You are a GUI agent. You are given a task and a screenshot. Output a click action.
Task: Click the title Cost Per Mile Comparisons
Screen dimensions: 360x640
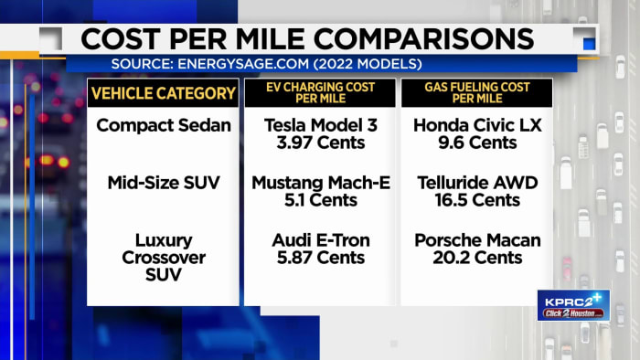point(307,39)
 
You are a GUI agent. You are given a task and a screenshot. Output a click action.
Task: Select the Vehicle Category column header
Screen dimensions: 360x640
point(163,92)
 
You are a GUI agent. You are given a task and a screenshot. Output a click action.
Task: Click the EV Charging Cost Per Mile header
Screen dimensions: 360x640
point(319,92)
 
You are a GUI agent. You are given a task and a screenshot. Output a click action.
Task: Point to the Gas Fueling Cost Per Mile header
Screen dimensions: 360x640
point(477,92)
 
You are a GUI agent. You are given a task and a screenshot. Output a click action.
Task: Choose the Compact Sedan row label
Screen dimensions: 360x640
point(163,125)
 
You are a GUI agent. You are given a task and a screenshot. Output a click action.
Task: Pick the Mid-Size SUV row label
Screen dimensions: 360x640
point(163,183)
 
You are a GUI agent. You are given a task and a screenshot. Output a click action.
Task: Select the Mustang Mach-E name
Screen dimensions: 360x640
point(320,183)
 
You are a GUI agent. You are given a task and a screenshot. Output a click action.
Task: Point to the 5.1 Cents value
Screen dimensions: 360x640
point(320,201)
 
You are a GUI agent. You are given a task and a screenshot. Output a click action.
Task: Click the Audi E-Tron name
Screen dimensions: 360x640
point(320,240)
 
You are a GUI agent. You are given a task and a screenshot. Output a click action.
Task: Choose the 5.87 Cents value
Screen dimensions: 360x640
point(320,259)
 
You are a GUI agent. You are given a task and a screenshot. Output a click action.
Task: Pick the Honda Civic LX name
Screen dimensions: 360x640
point(477,125)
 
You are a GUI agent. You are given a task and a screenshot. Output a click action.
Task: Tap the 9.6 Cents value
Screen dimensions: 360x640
point(477,143)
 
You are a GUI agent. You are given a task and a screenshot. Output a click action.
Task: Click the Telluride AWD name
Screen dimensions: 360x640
point(477,183)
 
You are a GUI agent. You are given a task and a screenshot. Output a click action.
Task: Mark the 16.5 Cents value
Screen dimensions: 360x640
point(477,201)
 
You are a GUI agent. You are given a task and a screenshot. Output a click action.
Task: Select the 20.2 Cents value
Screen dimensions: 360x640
point(477,259)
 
